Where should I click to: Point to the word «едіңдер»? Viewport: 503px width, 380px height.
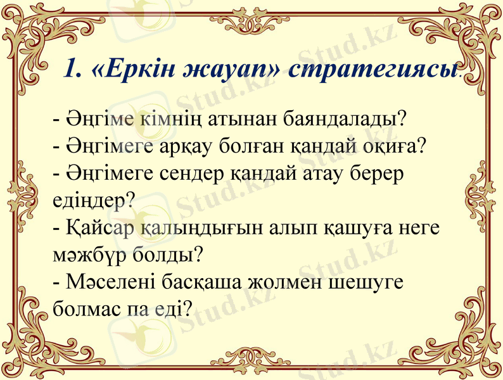click(x=92, y=200)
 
